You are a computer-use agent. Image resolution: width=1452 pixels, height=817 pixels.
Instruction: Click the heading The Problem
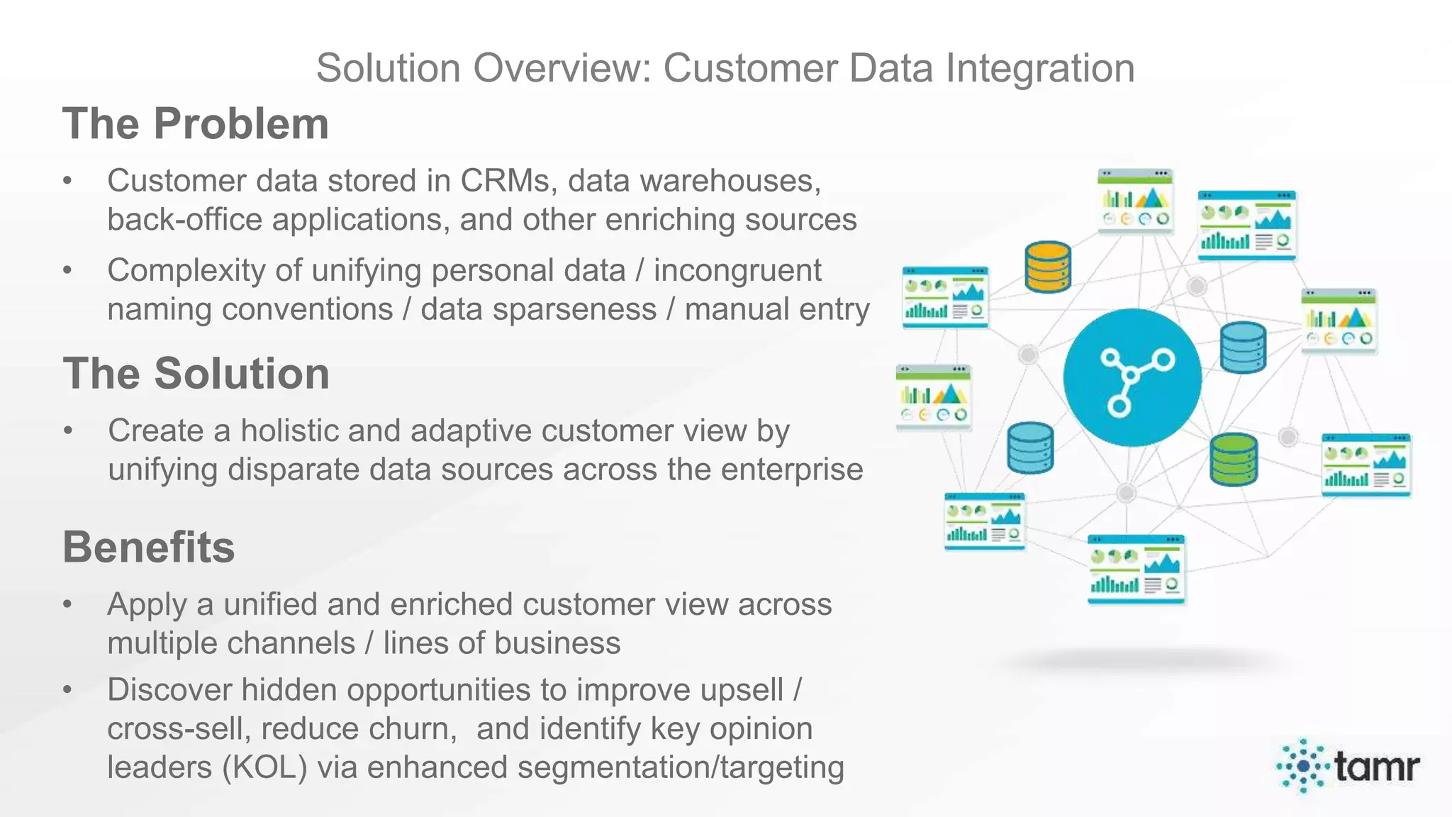[196, 124]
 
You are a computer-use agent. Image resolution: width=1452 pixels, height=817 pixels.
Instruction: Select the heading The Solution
[196, 374]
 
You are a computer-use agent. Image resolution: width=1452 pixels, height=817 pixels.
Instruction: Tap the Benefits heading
[148, 548]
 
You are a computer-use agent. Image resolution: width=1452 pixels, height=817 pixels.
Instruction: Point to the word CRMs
[504, 181]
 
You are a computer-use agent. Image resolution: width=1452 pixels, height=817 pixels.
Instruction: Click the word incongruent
[737, 270]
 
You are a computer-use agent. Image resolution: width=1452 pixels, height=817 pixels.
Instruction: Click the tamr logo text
[1376, 766]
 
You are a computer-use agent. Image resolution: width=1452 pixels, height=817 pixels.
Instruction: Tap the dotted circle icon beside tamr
[1303, 766]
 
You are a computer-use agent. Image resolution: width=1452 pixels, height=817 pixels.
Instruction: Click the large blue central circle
[1132, 377]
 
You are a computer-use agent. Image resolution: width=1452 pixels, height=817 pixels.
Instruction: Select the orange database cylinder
[1048, 267]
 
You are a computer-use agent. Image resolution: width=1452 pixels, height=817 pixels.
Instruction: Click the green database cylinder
[1234, 460]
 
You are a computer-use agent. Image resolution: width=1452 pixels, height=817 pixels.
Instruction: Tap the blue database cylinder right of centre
[1243, 348]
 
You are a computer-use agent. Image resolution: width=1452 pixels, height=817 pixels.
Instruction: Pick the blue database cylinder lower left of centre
[1030, 448]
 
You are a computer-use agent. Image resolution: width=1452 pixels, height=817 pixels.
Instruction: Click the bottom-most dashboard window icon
[1136, 569]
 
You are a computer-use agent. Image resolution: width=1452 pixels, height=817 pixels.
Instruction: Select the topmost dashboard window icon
[1136, 201]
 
